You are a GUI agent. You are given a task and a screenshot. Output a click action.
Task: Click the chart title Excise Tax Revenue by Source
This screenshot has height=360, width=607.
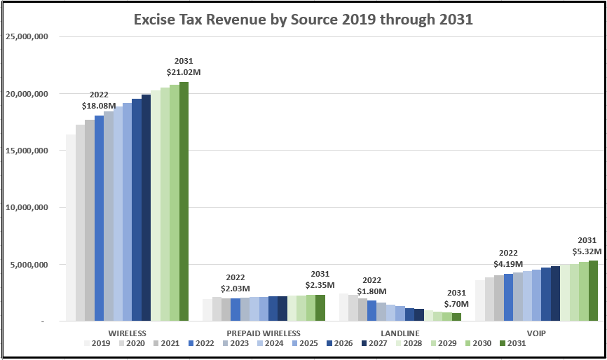point(303,20)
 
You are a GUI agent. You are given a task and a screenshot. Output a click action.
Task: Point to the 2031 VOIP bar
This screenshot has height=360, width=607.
point(593,291)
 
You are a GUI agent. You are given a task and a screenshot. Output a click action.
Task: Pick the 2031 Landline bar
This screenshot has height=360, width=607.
point(456,317)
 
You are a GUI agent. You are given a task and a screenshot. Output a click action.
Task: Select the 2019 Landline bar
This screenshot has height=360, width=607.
point(343,307)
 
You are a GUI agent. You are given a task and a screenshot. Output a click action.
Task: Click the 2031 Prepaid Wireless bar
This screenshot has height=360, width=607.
point(320,307)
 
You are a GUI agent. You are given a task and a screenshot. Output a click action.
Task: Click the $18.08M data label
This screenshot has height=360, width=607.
point(99,106)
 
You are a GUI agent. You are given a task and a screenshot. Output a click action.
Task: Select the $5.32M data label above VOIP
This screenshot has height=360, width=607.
point(587,250)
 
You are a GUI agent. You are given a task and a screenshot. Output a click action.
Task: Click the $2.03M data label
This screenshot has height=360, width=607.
point(235,289)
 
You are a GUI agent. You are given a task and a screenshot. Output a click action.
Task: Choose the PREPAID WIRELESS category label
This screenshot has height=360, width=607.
point(264,333)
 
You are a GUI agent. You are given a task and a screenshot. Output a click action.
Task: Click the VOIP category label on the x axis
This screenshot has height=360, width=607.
point(536,333)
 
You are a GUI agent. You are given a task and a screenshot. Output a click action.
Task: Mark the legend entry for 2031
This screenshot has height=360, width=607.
point(515,343)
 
